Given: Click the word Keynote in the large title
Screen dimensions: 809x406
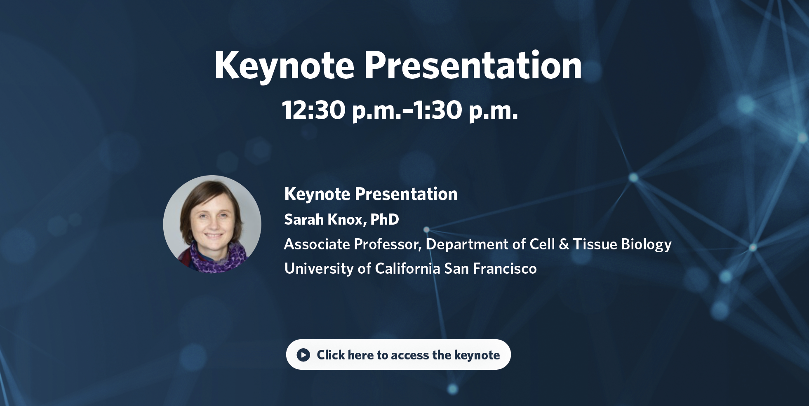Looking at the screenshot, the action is tap(284, 66).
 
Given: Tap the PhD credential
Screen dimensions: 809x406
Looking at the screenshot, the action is tap(385, 219).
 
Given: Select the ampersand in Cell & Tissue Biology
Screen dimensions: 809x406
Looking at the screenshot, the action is tap(564, 244).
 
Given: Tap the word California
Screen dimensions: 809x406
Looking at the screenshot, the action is tap(407, 268).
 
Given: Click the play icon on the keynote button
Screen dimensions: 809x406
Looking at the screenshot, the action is tap(303, 354).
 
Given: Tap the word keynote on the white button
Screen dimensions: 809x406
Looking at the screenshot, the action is tap(477, 355).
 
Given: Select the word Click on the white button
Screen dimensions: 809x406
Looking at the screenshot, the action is tap(331, 355).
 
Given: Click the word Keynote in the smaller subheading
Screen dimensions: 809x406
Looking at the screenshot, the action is tap(317, 194).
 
